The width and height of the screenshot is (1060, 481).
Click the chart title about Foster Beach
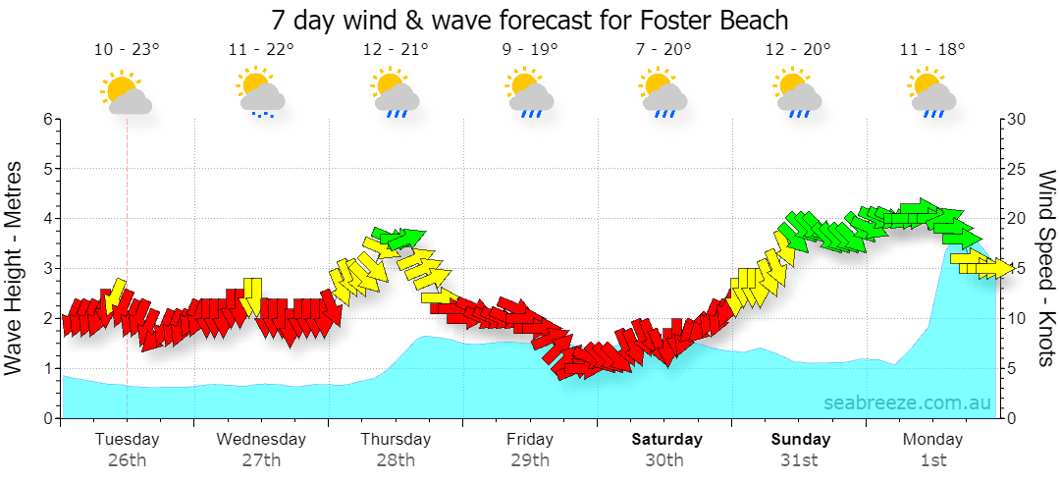click(530, 20)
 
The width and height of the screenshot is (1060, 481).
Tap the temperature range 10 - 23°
click(127, 49)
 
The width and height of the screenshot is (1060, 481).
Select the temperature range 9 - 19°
click(530, 49)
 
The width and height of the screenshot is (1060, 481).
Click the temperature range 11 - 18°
click(933, 49)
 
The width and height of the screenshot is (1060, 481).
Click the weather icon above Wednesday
click(260, 92)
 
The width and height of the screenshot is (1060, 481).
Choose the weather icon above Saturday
click(663, 92)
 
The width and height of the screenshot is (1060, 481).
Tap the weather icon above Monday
click(933, 92)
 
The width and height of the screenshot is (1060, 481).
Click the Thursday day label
click(396, 439)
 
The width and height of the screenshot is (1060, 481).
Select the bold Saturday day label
click(666, 439)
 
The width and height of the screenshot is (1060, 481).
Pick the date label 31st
click(798, 461)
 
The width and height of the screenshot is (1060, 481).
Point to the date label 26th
click(127, 461)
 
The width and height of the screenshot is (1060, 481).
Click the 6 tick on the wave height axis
click(47, 120)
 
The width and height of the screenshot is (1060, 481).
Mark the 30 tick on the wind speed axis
click(1018, 120)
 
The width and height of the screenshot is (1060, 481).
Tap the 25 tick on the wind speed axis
click(1018, 169)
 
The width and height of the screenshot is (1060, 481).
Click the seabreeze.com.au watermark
click(907, 402)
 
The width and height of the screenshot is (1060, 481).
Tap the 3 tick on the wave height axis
click(47, 269)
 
